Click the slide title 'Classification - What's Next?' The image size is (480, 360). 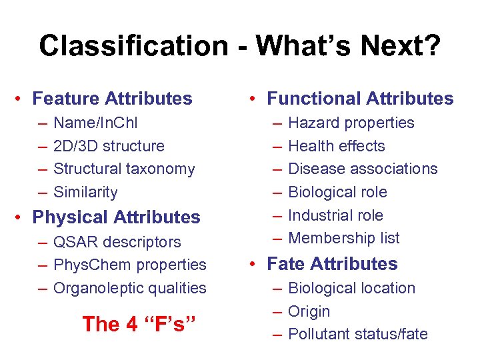[239, 46]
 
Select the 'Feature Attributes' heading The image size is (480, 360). [112, 99]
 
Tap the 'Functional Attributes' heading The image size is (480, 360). [360, 99]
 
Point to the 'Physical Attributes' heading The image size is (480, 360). [116, 217]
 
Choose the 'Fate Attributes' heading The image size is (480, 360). [332, 264]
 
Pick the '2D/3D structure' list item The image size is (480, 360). [109, 146]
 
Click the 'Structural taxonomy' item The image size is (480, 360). [124, 169]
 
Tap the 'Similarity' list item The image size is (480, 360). [85, 193]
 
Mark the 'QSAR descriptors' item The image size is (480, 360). [117, 242]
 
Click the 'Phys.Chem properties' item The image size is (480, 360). [130, 265]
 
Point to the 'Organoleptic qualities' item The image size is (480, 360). [130, 289]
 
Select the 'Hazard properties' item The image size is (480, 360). [351, 123]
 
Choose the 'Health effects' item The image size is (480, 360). [337, 146]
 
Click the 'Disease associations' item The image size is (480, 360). [363, 169]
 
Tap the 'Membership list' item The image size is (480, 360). [344, 238]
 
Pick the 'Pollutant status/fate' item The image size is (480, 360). [358, 335]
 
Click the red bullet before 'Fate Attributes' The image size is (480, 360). [253, 265]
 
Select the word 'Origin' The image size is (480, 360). [309, 311]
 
